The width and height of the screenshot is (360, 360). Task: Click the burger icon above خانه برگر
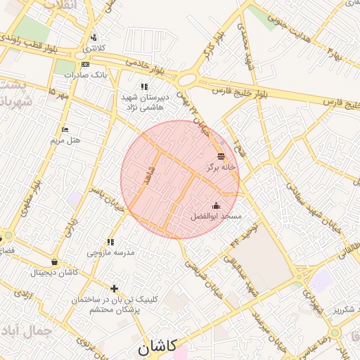[x=221, y=156]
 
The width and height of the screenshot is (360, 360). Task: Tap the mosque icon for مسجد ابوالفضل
[x=216, y=205]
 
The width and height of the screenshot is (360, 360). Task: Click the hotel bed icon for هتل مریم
[x=65, y=130]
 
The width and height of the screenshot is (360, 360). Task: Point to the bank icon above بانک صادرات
[x=86, y=64]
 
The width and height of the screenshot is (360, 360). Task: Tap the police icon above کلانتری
[x=94, y=38]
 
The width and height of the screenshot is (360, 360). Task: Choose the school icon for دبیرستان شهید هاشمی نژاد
[x=145, y=87]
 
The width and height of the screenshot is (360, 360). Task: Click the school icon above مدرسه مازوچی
[x=110, y=241]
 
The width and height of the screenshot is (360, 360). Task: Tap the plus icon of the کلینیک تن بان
[x=115, y=288]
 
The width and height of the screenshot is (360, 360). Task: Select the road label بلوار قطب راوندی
[x=32, y=46]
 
